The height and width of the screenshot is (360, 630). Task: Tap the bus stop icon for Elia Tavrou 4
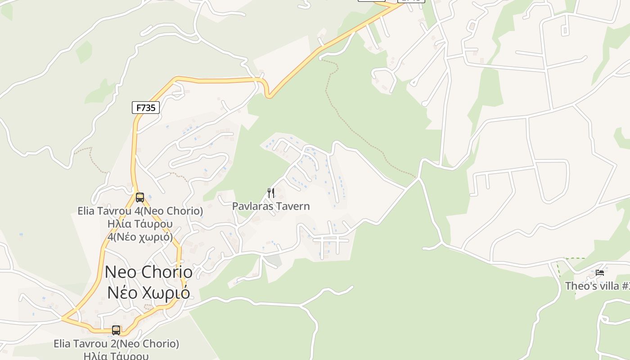[x=140, y=197]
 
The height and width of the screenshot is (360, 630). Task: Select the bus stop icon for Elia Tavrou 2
[x=116, y=330]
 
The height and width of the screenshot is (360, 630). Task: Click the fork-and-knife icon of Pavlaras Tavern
[x=271, y=193]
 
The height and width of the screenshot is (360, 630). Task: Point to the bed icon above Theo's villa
[x=599, y=272]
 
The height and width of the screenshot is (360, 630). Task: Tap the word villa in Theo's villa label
[x=608, y=286]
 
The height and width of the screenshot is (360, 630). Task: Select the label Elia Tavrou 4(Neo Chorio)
[x=140, y=211]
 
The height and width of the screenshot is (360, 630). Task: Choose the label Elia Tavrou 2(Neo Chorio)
[x=116, y=344]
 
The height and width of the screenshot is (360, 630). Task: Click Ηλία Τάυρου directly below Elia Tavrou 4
[x=140, y=224]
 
